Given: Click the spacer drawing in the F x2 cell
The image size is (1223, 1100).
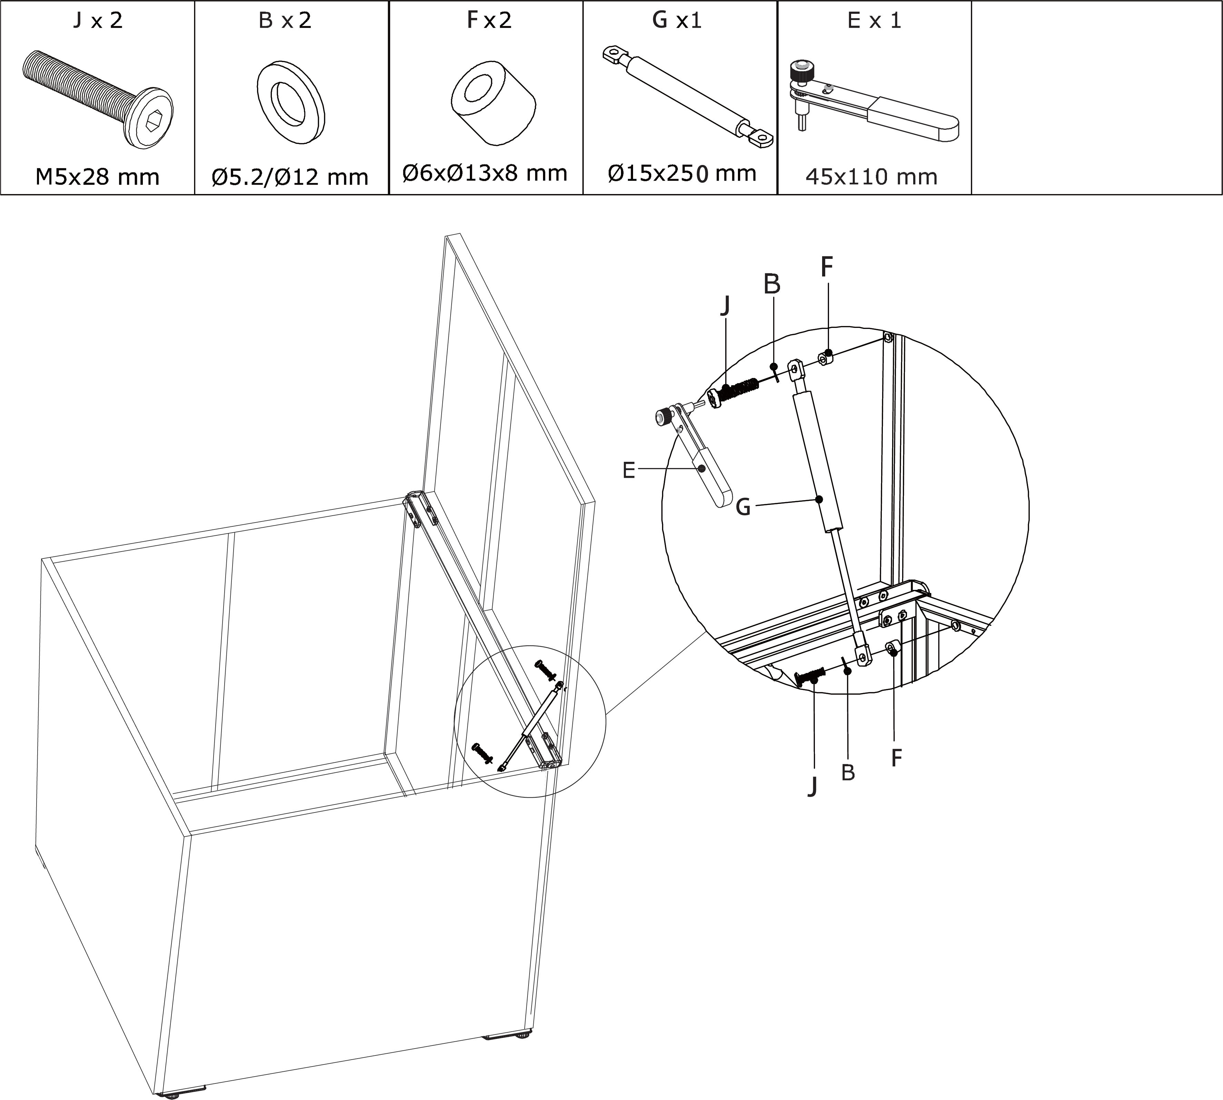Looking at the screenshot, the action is click(494, 103).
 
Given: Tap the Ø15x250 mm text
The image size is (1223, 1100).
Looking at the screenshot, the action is click(682, 174).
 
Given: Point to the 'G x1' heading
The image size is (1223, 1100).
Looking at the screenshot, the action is click(677, 21).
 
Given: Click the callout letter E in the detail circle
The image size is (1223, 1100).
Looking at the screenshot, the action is click(629, 470).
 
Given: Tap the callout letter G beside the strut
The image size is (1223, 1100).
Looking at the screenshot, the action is click(743, 506).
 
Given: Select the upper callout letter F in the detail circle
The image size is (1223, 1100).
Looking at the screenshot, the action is click(827, 266).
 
